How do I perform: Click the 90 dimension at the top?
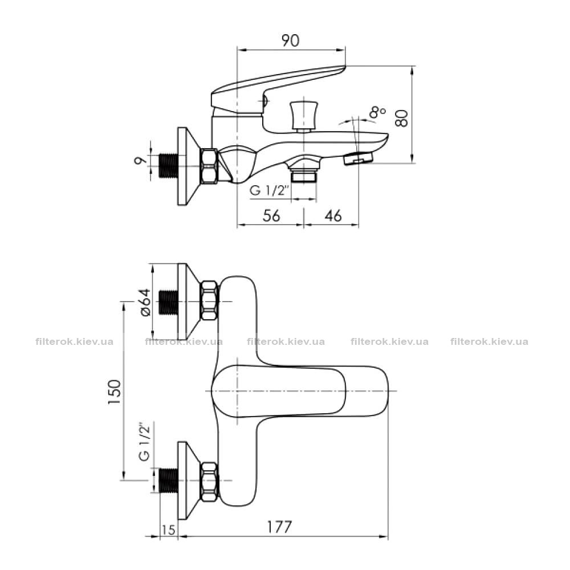[x=291, y=40]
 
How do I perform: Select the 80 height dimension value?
[x=402, y=118]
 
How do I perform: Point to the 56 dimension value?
[x=271, y=215]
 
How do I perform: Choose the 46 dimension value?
[x=333, y=215]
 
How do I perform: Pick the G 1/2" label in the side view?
[x=270, y=190]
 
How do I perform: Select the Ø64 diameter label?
[x=145, y=302]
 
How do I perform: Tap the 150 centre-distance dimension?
[x=114, y=392]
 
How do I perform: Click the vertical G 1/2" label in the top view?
[x=144, y=442]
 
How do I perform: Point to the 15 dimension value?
[x=168, y=530]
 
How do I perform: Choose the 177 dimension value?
[x=279, y=527]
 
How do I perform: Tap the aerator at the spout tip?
[x=359, y=158]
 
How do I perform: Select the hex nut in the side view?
[x=209, y=166]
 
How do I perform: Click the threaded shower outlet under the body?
[x=304, y=174]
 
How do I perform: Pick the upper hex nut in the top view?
[x=209, y=300]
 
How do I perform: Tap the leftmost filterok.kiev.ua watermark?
[x=75, y=341]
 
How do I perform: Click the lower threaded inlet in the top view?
[x=169, y=481]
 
